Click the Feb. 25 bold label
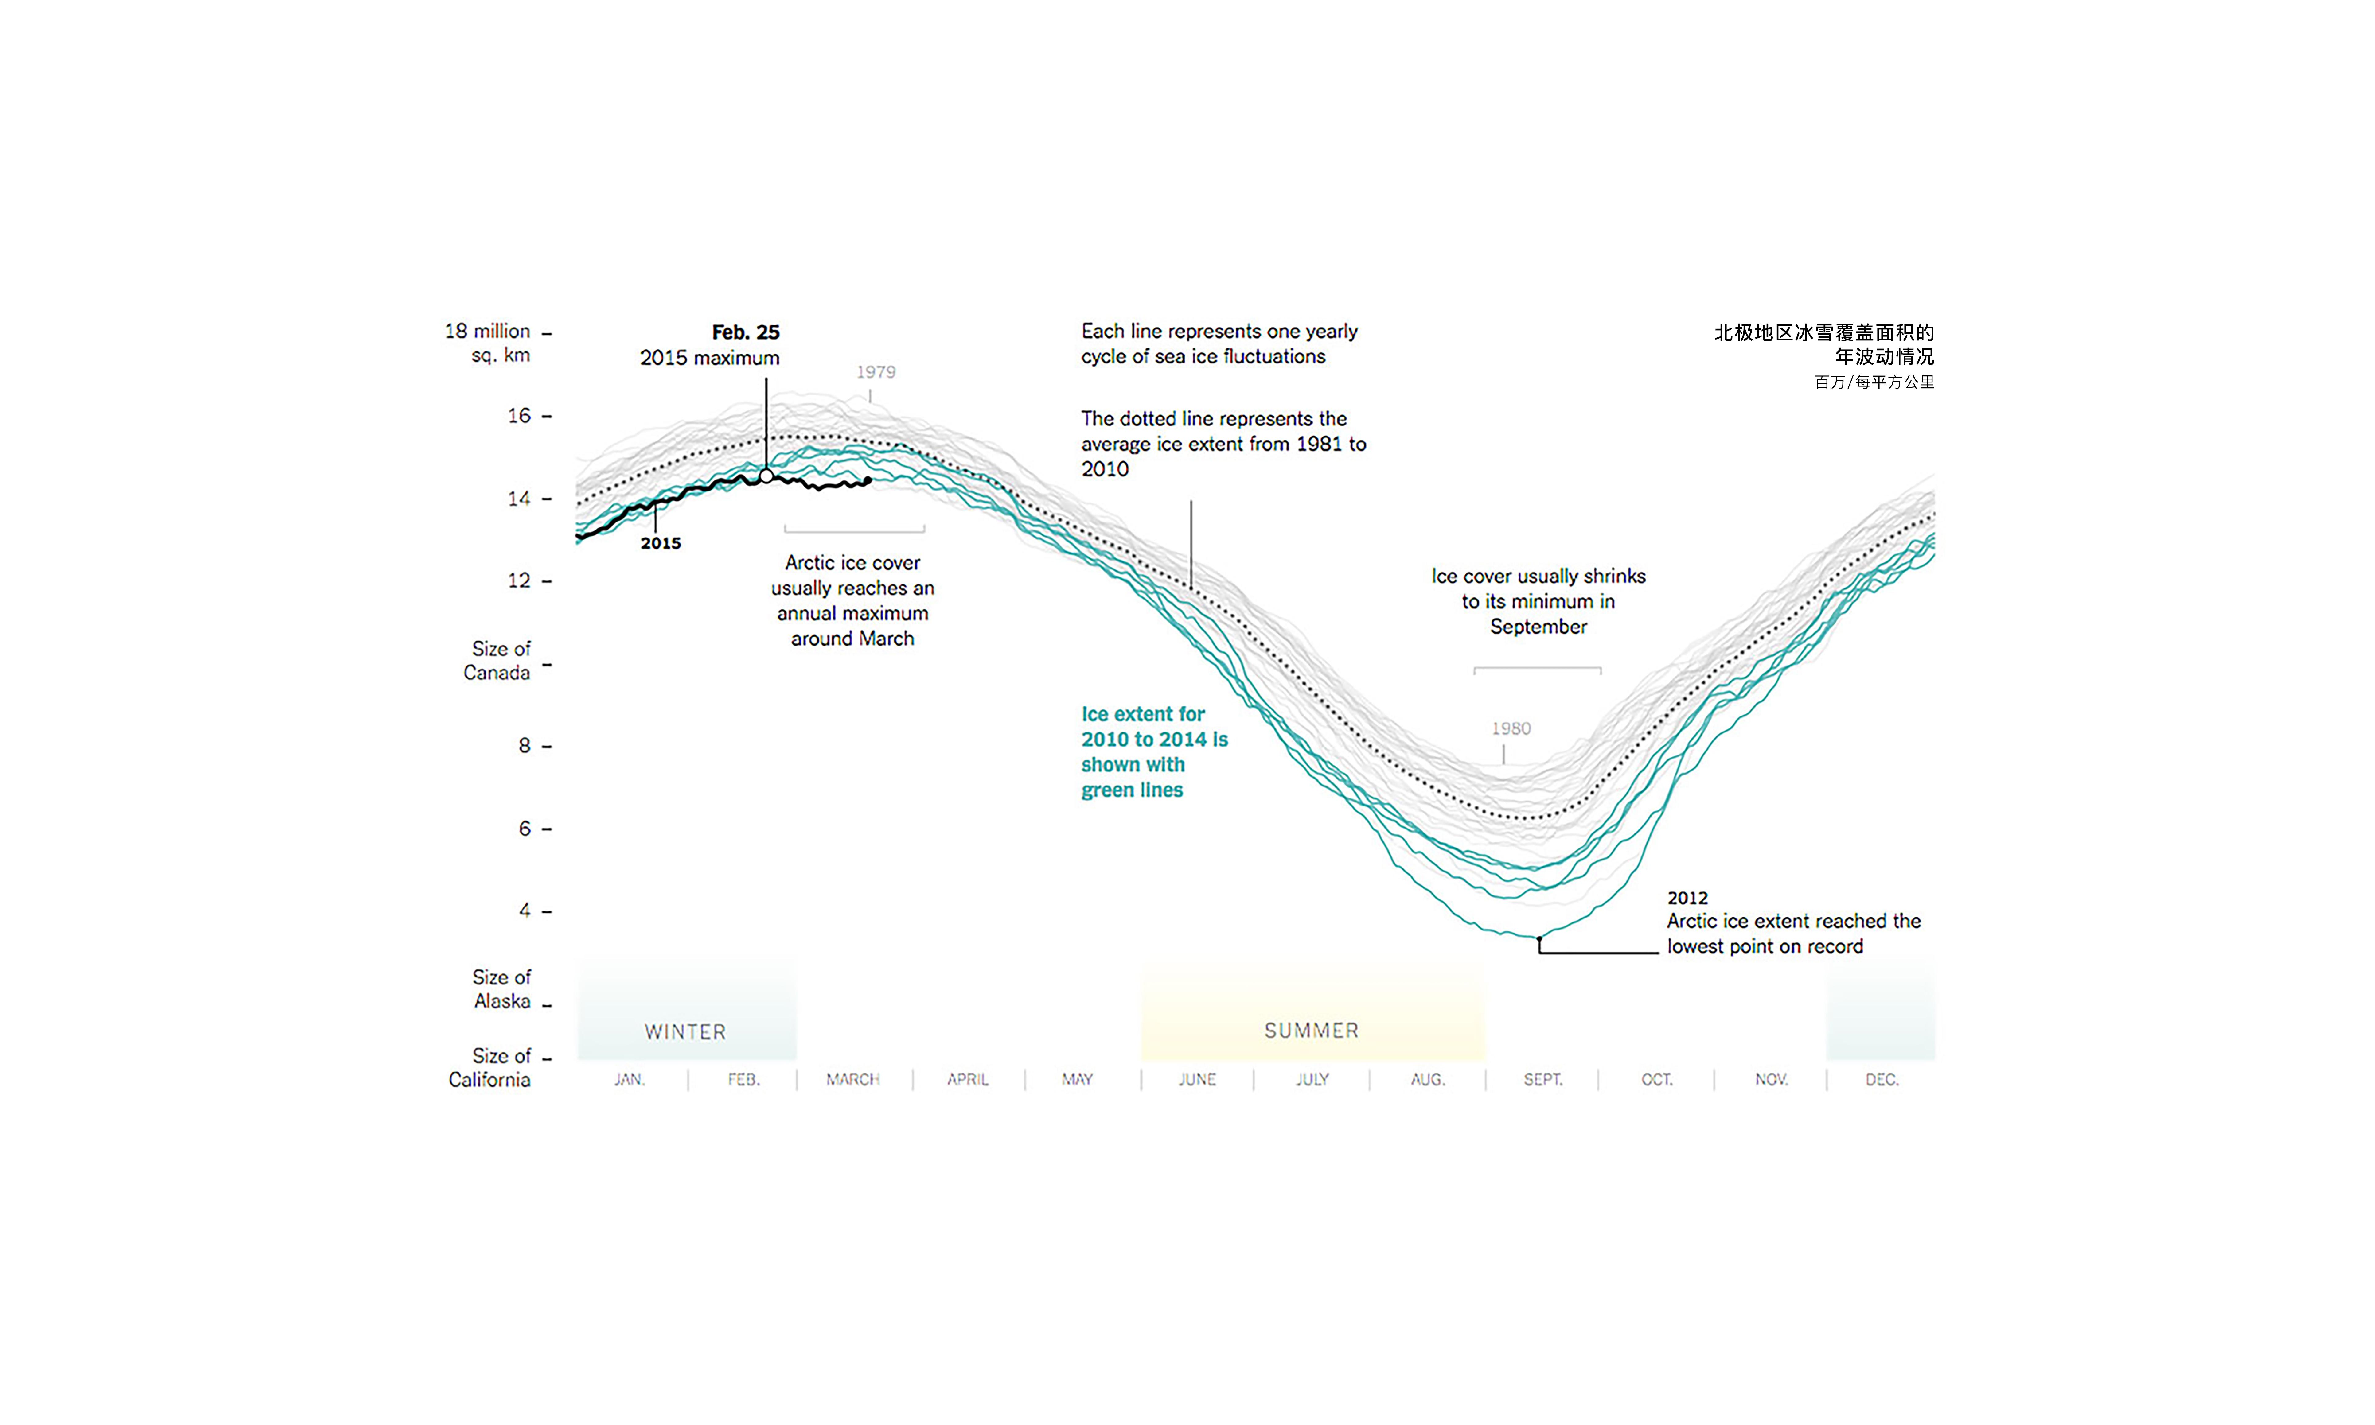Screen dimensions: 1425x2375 pos(745,332)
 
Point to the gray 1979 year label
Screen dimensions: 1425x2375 pos(876,372)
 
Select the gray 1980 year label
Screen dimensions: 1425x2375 pos(1511,729)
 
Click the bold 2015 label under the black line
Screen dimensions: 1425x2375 pos(661,543)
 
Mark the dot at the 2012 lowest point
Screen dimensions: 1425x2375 pos(1538,938)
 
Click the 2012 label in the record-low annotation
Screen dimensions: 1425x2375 pos(1687,898)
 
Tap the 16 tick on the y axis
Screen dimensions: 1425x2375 pos(520,416)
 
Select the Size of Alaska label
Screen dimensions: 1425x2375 pos(501,989)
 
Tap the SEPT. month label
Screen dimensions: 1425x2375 pos(1542,1079)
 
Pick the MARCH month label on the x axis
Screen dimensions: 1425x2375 pos(853,1079)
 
